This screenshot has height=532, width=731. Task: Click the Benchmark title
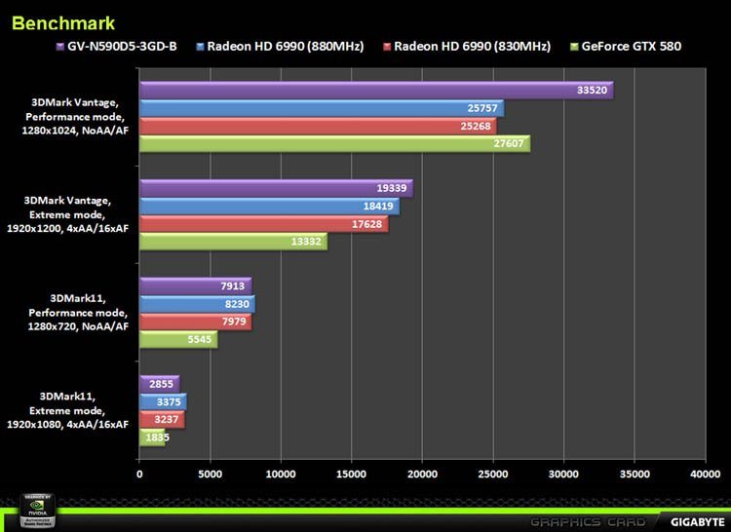click(x=63, y=21)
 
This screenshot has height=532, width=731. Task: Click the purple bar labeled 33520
click(x=375, y=91)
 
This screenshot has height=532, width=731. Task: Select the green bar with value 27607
click(x=334, y=143)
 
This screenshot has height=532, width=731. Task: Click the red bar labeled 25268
click(x=318, y=126)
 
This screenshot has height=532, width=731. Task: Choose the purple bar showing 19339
click(x=276, y=189)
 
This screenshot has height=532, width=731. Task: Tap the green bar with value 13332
click(x=233, y=242)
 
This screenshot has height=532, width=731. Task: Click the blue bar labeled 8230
click(x=197, y=304)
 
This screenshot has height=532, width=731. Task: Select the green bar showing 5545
click(x=178, y=339)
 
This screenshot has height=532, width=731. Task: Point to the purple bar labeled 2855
click(x=160, y=384)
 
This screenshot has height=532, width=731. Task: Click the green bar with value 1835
click(x=152, y=437)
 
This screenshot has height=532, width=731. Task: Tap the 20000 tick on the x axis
click(x=422, y=475)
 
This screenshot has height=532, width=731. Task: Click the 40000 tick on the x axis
click(x=704, y=475)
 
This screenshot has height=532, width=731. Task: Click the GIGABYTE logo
click(x=695, y=519)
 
